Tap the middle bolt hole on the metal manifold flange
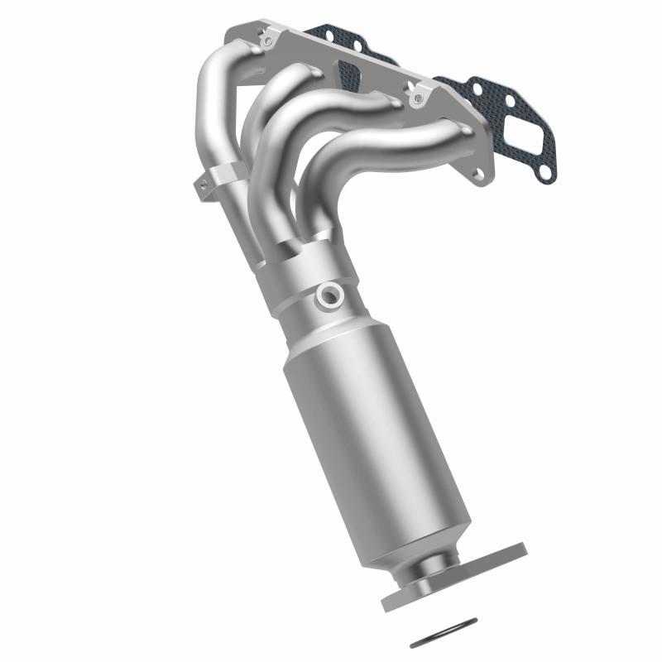point(415,98)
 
